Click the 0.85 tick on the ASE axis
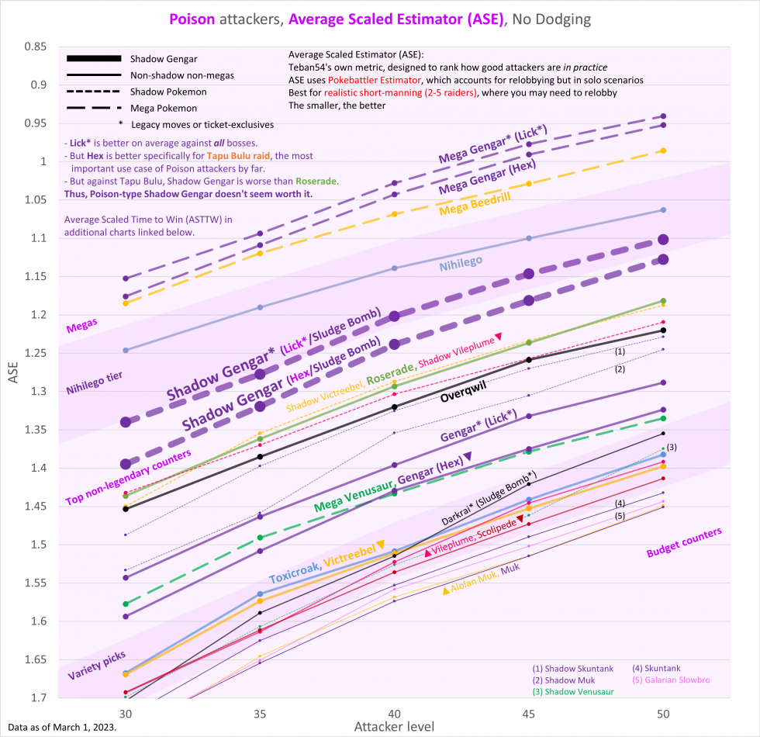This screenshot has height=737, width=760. (36, 47)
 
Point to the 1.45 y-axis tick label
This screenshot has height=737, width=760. (36, 506)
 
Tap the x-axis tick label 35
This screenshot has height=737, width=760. (260, 714)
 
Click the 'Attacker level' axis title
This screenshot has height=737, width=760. (394, 727)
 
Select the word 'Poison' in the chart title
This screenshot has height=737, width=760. (192, 19)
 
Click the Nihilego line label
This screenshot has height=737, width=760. (461, 263)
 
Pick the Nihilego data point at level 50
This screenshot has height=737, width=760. (663, 210)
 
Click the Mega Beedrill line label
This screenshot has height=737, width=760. (475, 203)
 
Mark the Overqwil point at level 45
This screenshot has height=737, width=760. (529, 360)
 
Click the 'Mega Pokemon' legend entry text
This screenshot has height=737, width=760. (164, 108)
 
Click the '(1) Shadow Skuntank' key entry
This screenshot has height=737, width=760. (573, 669)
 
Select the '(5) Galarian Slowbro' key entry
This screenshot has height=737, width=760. (672, 680)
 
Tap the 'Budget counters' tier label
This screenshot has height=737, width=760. (684, 542)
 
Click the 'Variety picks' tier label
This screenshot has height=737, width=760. (96, 666)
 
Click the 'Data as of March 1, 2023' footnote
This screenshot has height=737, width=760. (62, 728)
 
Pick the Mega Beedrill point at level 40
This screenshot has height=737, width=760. (395, 214)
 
